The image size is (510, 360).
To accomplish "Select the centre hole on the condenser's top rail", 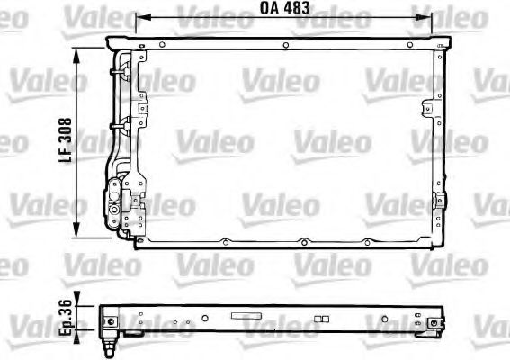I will [x=284, y=44].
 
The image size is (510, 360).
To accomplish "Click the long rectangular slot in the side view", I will [x=245, y=316].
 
